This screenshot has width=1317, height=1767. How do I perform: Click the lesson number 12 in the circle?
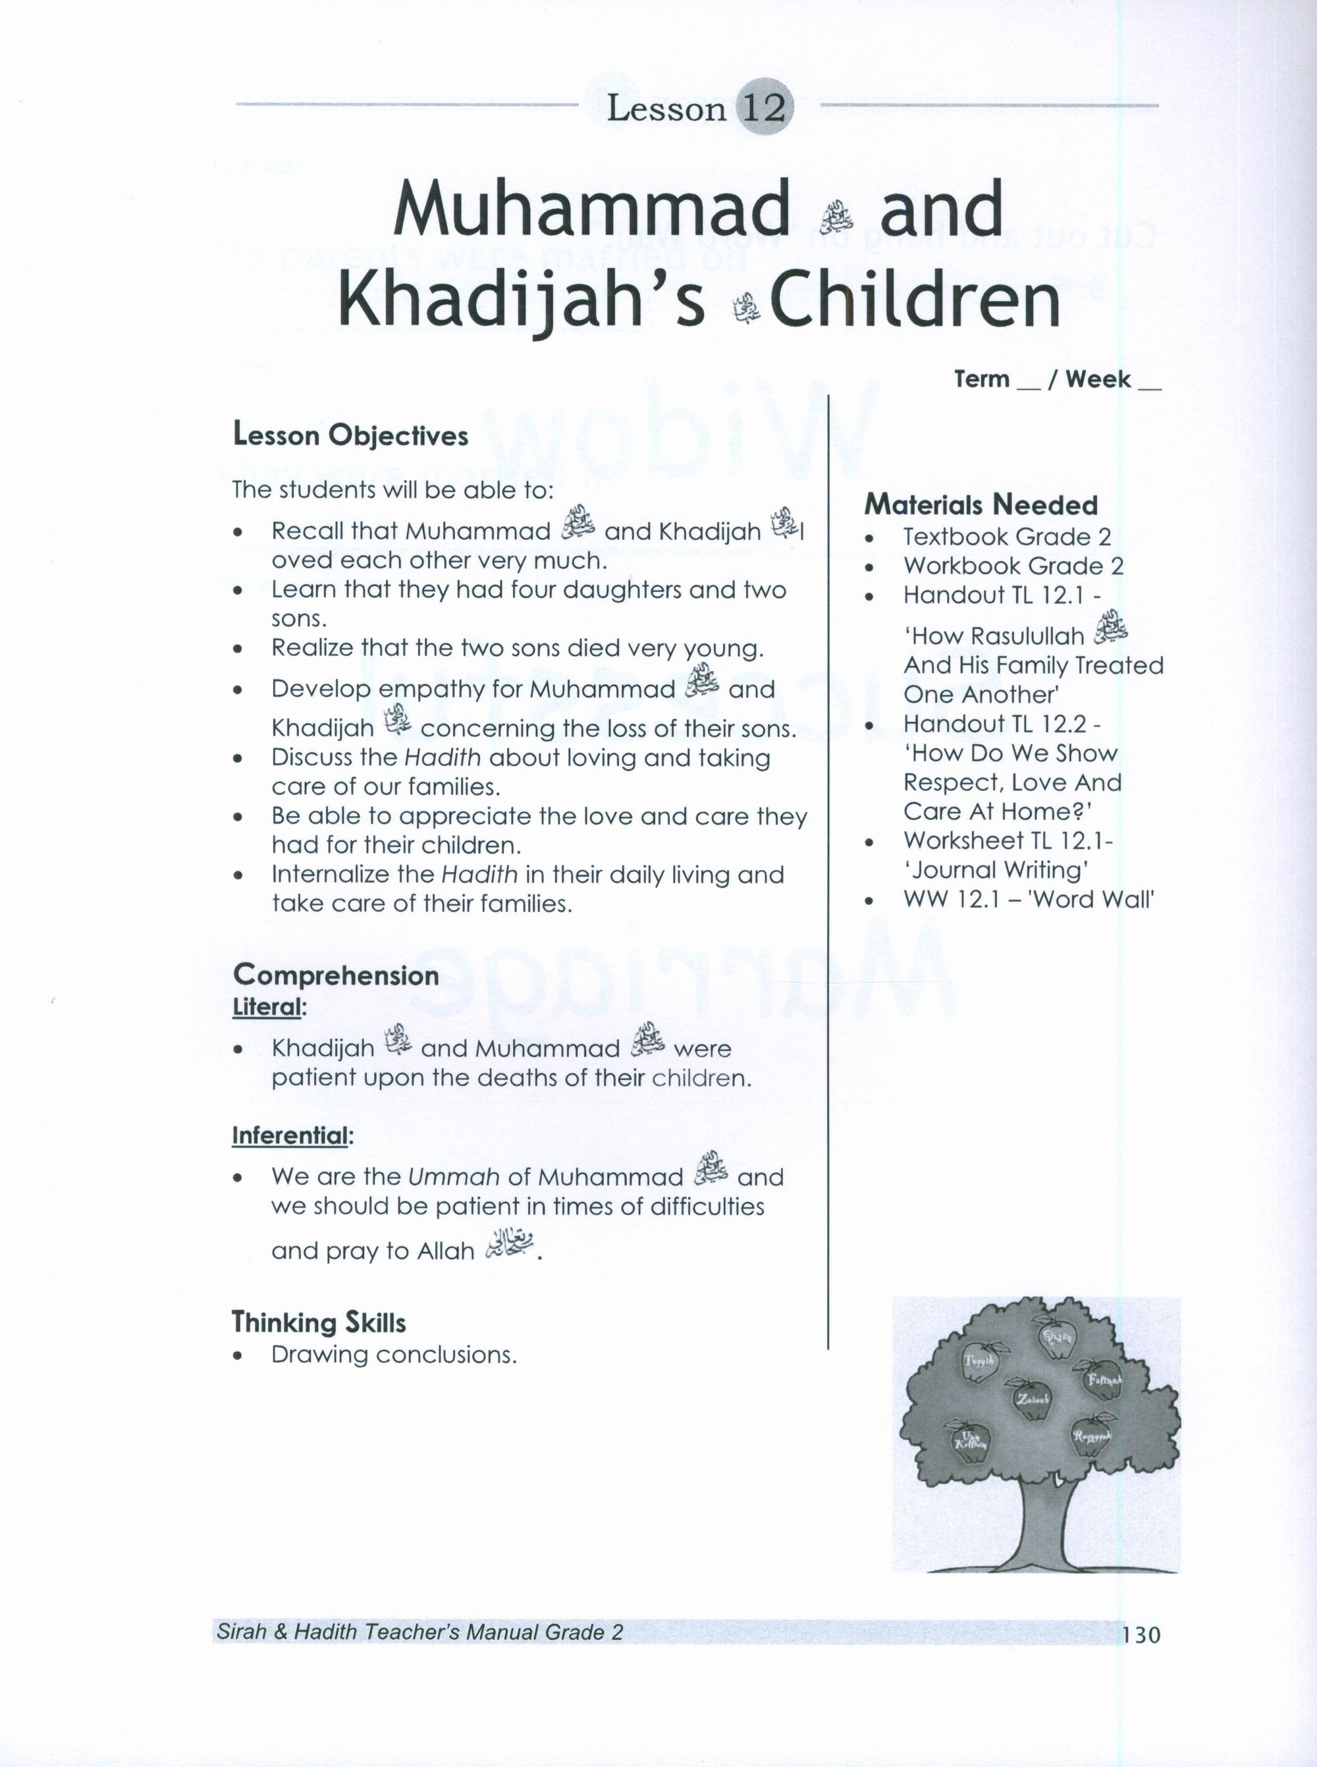pyautogui.click(x=764, y=107)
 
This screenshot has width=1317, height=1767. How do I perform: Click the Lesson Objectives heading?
pyautogui.click(x=350, y=435)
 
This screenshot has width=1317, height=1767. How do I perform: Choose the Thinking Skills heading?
pyautogui.click(x=319, y=1323)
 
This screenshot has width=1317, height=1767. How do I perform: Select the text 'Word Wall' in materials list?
pyautogui.click(x=1108, y=900)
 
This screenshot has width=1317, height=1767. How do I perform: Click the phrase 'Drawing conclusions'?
pyautogui.click(x=394, y=1355)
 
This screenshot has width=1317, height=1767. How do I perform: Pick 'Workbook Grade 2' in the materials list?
pyautogui.click(x=1013, y=566)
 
